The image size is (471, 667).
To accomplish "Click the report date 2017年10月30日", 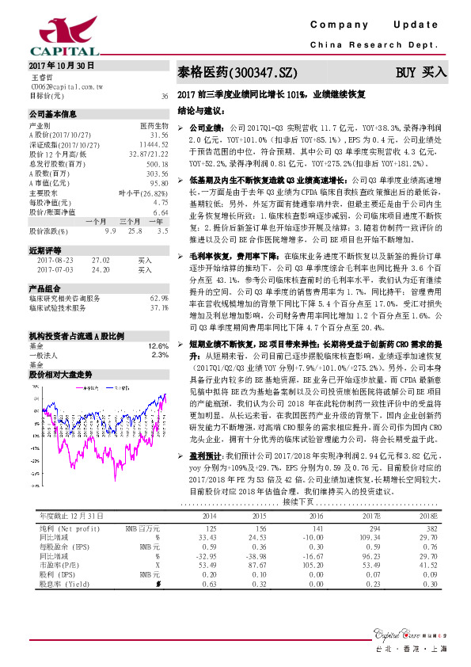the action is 61,66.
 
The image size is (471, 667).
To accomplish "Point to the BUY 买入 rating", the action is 421,72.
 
